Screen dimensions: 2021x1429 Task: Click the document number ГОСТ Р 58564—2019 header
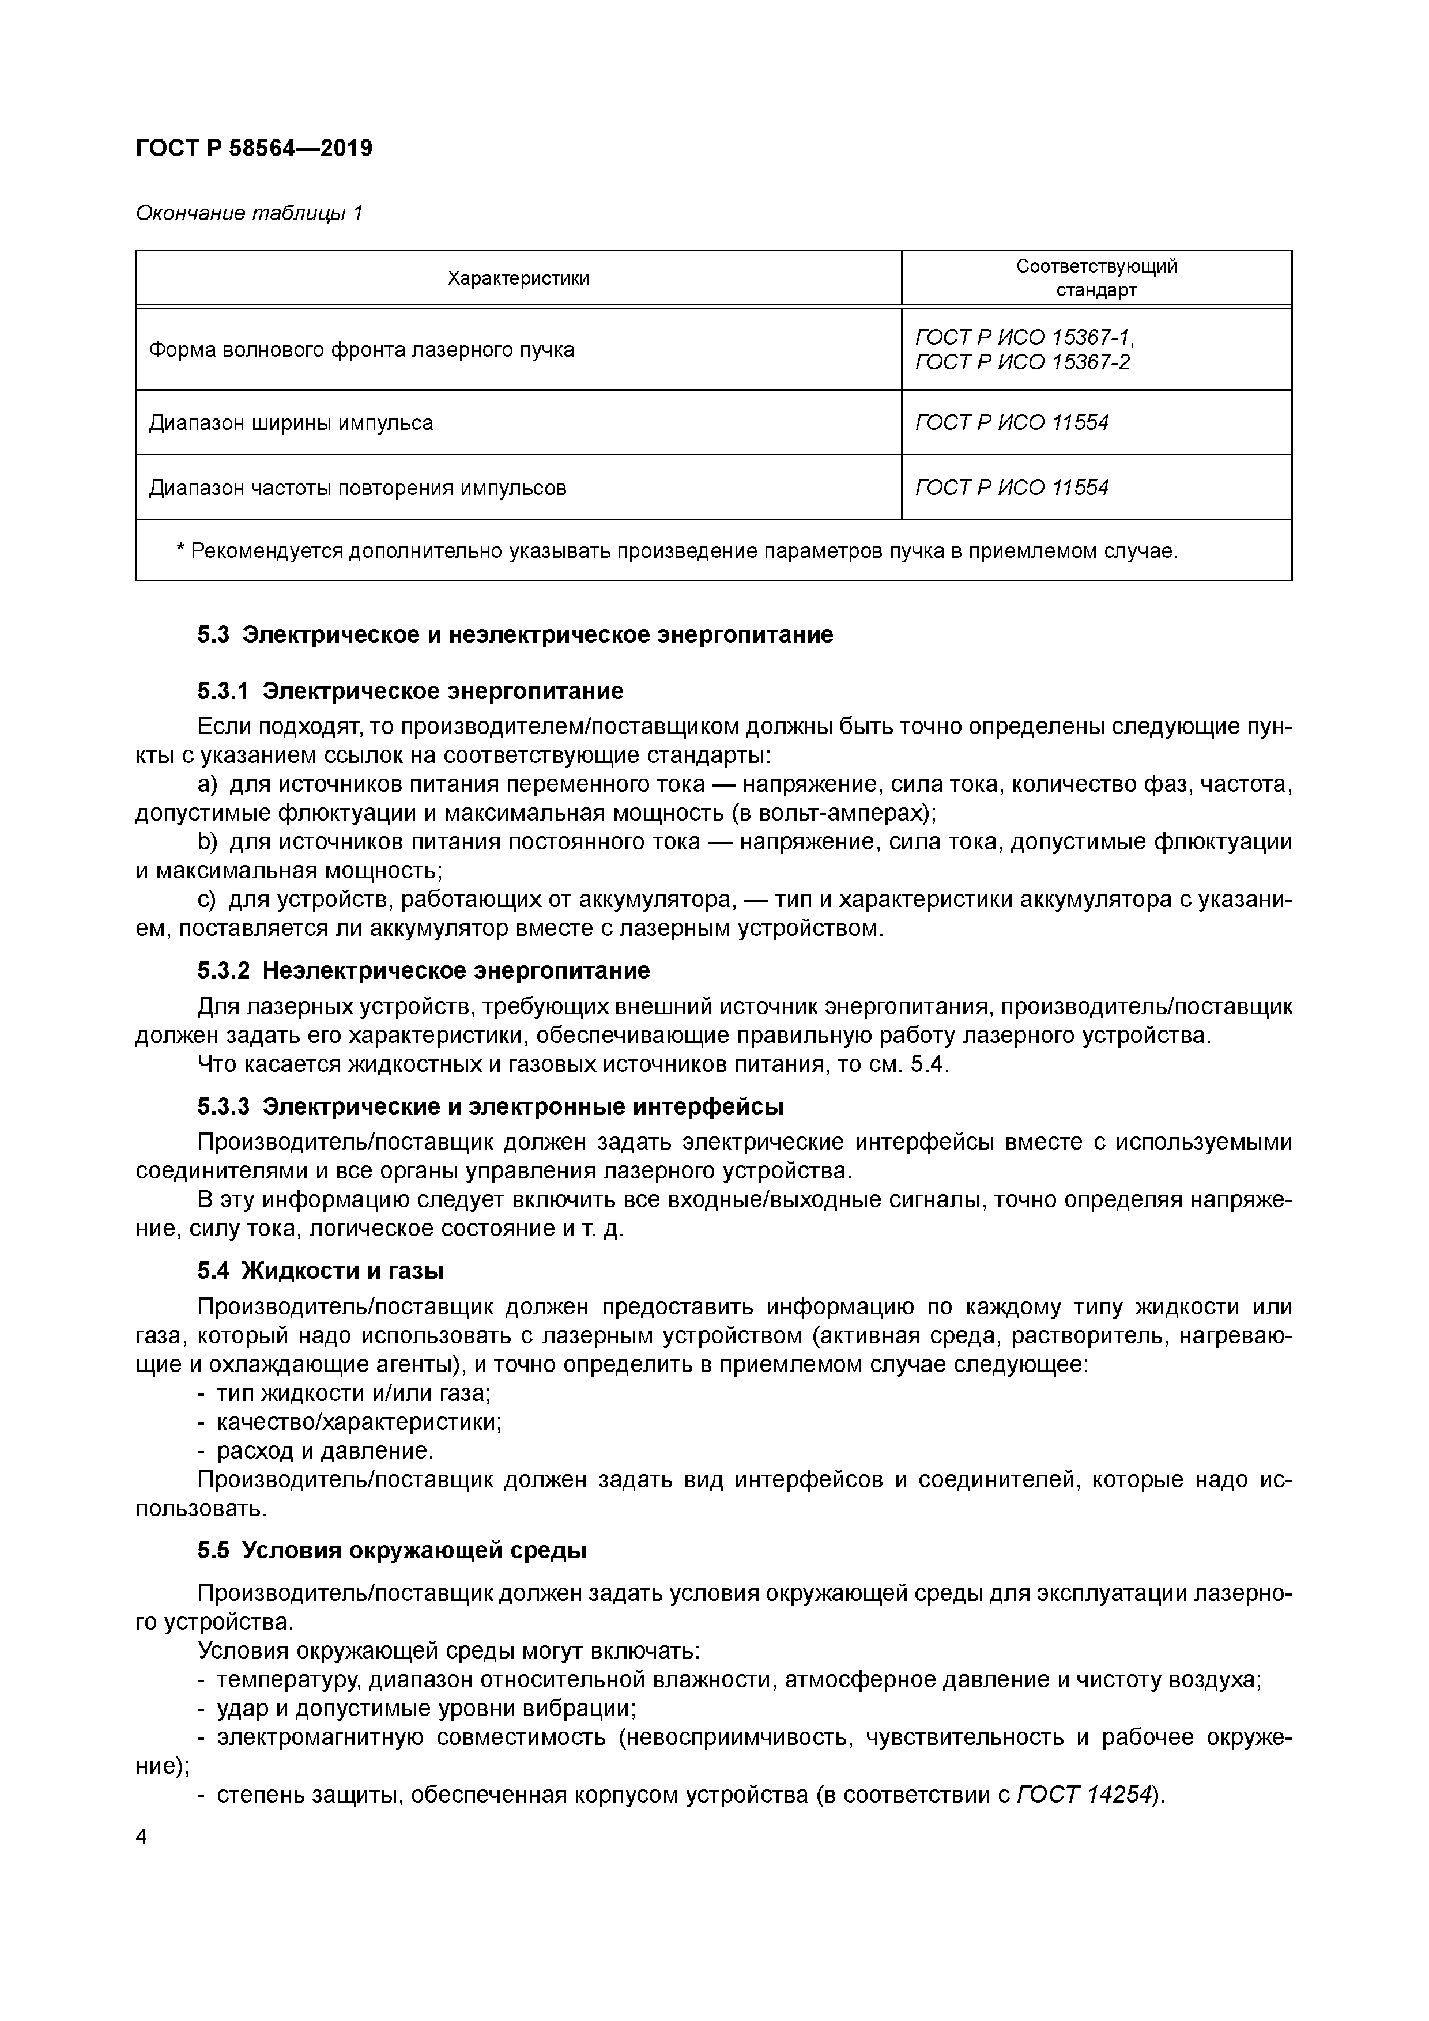(254, 148)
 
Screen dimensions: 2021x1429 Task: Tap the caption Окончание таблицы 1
(249, 213)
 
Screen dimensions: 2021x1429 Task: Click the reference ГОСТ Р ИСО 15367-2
(1021, 362)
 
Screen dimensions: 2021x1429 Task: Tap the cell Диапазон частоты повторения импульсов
(357, 488)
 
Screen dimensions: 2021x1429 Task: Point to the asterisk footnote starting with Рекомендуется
(676, 551)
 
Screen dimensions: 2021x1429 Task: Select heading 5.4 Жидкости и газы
(319, 1271)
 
